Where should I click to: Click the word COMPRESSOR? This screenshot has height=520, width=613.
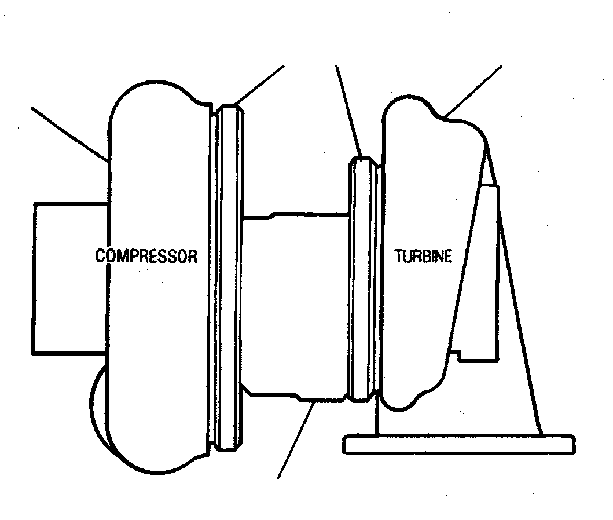(x=146, y=256)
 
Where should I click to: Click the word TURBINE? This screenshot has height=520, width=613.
(x=423, y=256)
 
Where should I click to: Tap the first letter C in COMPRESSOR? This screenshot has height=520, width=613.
(x=101, y=256)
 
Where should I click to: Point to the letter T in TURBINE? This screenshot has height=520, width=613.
(x=399, y=256)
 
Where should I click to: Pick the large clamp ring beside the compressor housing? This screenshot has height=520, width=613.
(x=230, y=279)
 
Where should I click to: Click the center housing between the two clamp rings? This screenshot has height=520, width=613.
(x=295, y=307)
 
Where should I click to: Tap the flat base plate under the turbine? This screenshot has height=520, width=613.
(x=459, y=444)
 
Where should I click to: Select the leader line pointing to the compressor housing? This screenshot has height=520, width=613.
(x=69, y=134)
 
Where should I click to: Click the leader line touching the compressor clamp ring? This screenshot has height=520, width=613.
(x=259, y=85)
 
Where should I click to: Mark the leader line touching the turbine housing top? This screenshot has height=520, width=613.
(x=474, y=91)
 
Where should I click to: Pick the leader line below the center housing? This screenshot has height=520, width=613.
(x=295, y=440)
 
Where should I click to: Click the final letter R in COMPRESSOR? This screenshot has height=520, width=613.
(x=193, y=256)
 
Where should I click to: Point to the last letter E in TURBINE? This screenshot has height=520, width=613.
(x=447, y=256)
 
